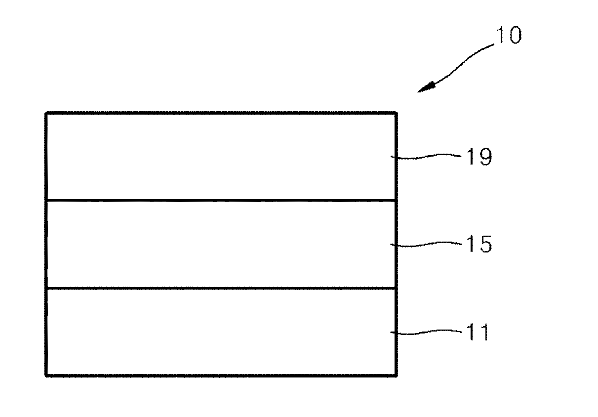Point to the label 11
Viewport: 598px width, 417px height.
coord(477,333)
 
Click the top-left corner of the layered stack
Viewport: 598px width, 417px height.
coord(46,113)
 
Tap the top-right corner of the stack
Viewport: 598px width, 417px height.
coord(396,113)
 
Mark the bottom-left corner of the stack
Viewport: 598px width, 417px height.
coord(46,375)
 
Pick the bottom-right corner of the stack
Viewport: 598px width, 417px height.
coord(396,375)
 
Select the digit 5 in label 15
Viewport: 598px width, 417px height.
coord(484,244)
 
